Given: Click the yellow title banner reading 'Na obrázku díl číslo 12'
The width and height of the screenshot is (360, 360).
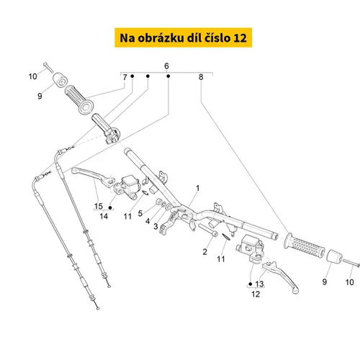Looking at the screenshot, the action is (x=183, y=37).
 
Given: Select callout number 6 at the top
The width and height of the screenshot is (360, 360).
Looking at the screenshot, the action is (x=166, y=66).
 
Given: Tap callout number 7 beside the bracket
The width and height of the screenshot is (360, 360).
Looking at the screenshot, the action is (x=125, y=77).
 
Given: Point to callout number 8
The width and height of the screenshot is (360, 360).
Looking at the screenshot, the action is (x=201, y=77).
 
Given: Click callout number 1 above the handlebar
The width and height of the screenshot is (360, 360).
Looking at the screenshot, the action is (x=198, y=188).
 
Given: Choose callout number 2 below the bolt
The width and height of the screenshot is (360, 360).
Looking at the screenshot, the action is (x=204, y=252).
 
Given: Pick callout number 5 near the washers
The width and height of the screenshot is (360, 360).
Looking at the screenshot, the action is (x=140, y=213).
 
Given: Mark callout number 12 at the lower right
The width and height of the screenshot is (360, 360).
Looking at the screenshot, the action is (x=256, y=294).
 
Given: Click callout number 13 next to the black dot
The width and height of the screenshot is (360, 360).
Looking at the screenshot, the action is (x=259, y=284).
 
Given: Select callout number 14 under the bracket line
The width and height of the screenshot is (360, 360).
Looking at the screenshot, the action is (x=104, y=216).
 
